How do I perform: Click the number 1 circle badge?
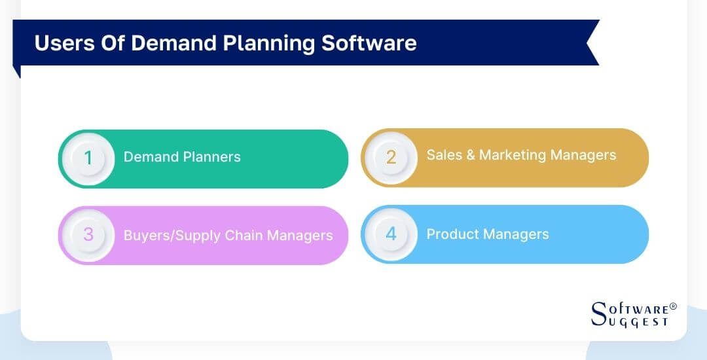[x=88, y=158]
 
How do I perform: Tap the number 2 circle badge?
[x=391, y=158]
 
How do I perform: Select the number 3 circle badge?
[x=88, y=235]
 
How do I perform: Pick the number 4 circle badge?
[x=391, y=234]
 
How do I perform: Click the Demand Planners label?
[x=182, y=157]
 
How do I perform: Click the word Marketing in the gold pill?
[x=512, y=155]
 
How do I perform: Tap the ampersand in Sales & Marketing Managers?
[x=469, y=155]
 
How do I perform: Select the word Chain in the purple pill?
[x=243, y=236]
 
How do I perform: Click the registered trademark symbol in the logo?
[x=673, y=306]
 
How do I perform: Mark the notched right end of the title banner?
[x=591, y=43]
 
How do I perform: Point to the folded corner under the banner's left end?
[x=17, y=71]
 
